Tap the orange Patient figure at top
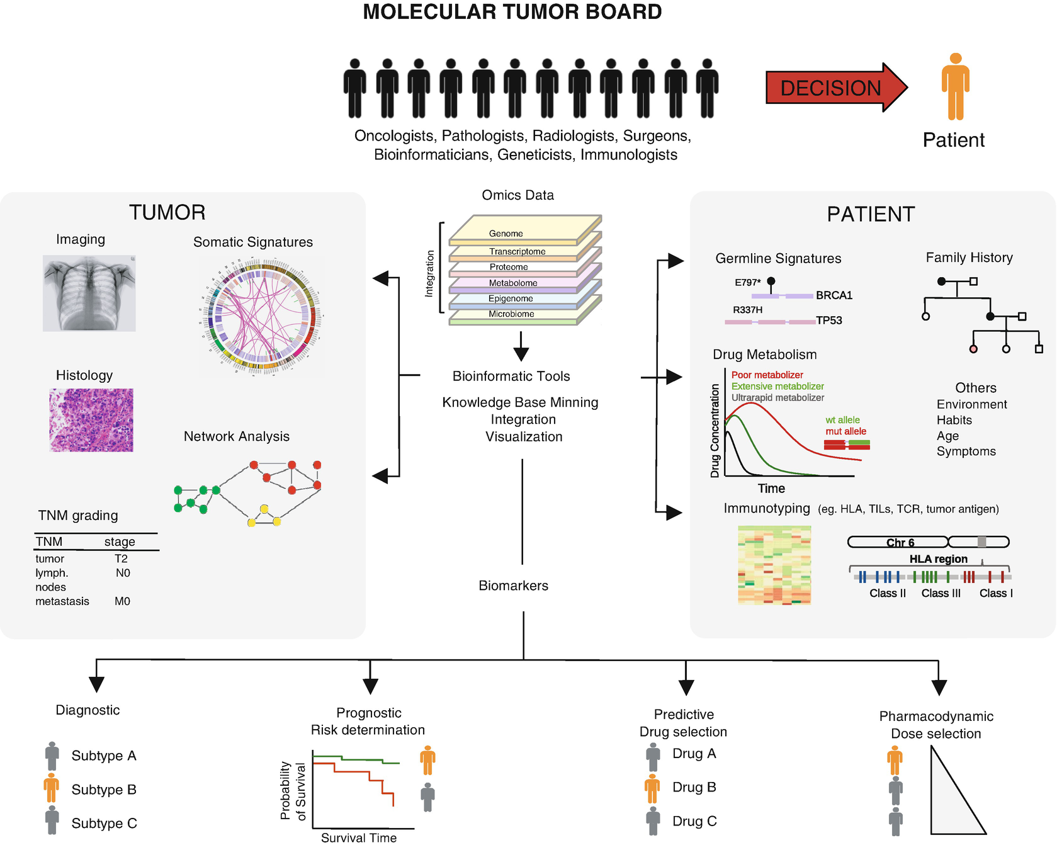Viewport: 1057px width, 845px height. point(955,86)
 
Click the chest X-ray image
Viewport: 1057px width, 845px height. point(89,293)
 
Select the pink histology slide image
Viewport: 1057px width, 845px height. point(91,420)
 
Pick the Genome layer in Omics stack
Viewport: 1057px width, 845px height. point(507,234)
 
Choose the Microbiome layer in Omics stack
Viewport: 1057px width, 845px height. point(512,314)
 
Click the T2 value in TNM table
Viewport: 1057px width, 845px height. point(121,559)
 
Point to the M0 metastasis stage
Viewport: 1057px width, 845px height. point(122,601)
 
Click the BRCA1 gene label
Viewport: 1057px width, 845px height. point(834,295)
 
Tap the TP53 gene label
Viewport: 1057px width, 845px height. point(829,320)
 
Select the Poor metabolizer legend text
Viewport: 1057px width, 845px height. point(767,375)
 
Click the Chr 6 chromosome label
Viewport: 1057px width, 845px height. point(900,543)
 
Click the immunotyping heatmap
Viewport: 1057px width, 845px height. point(774,565)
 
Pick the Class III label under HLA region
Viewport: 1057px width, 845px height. point(941,593)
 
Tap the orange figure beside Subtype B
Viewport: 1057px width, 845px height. point(52,790)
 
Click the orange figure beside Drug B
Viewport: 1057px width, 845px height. point(653,788)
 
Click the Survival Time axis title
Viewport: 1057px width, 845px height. point(359,837)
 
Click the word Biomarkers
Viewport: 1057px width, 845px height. point(513,586)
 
